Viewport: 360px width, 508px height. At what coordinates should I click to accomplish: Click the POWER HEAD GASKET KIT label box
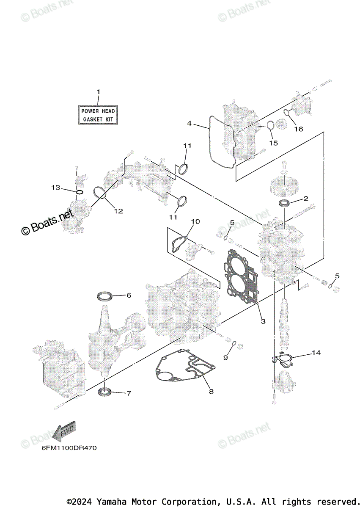pos(98,115)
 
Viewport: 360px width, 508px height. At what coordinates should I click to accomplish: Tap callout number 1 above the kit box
pos(98,91)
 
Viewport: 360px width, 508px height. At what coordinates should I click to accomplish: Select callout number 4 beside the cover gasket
pos(190,124)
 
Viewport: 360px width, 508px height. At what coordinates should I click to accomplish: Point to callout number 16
pos(299,129)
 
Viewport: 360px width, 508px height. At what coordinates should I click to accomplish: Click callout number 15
pos(274,143)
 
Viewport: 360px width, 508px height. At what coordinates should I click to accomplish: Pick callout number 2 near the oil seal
pos(305,198)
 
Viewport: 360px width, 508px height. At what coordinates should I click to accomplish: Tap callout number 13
pos(56,188)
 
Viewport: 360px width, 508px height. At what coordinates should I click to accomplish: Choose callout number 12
pos(118,210)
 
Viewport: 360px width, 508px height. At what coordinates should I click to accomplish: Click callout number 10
pos(195,221)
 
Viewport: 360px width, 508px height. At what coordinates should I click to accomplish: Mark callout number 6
pos(129,295)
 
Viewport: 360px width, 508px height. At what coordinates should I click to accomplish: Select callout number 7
pos(129,393)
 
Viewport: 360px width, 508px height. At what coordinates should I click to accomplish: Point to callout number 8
pos(211,392)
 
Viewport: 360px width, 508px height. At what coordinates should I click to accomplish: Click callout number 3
pos(263,321)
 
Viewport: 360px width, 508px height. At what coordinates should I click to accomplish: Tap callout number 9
pos(225,358)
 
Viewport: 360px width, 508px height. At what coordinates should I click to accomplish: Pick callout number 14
pos(316,352)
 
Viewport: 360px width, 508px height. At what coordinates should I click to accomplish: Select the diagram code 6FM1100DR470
pos(69,448)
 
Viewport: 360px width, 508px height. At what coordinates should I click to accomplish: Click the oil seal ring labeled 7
pos(104,392)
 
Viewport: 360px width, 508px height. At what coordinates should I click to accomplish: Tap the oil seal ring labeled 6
pos(105,295)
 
